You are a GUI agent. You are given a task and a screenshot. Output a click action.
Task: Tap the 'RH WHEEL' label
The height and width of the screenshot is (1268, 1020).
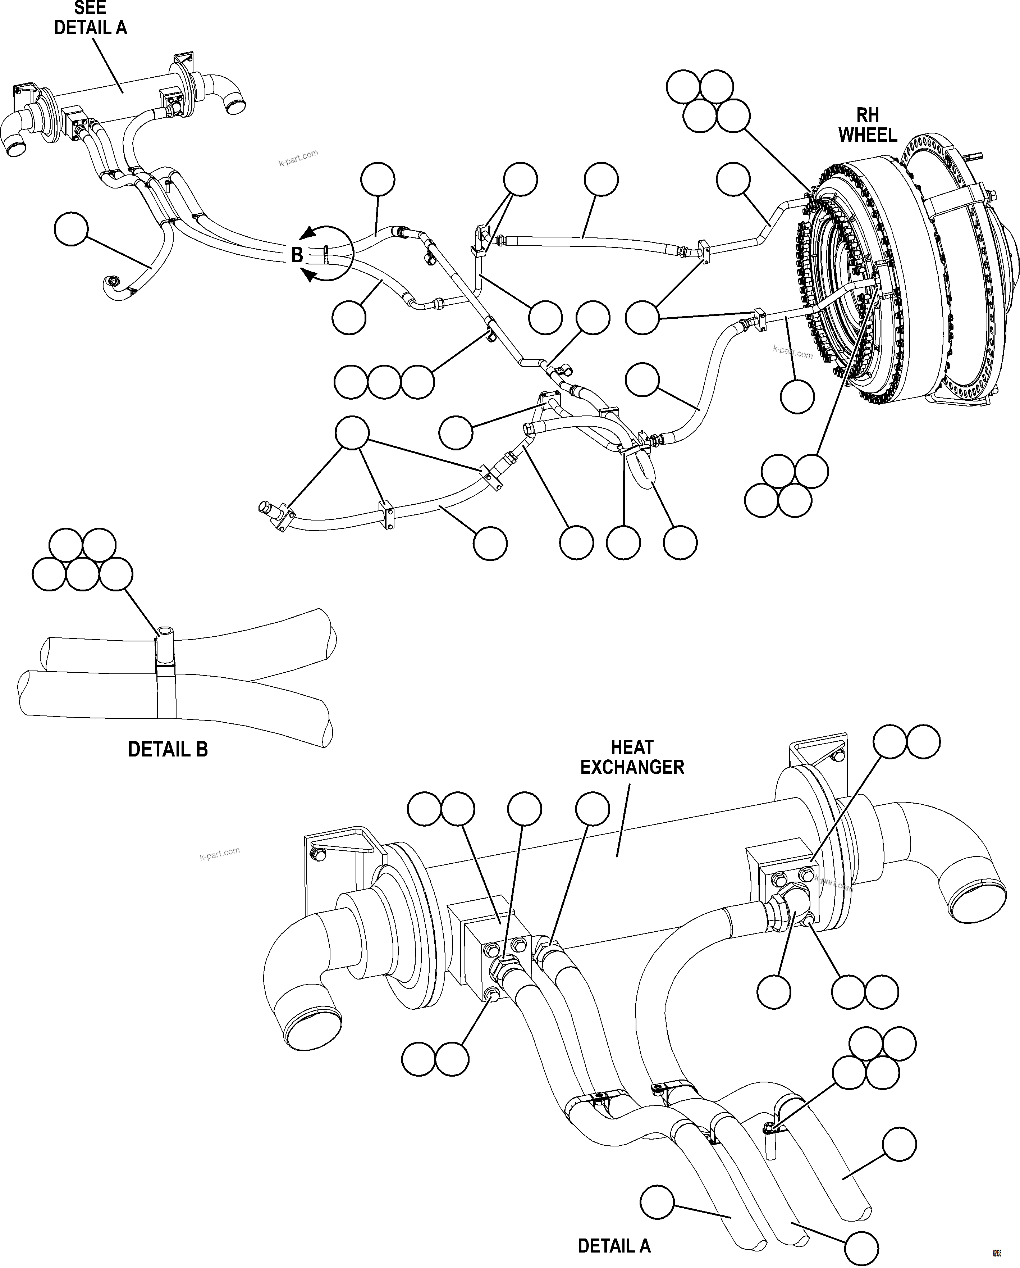867,125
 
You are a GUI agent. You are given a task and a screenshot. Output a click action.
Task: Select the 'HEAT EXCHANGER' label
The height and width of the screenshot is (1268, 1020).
632,758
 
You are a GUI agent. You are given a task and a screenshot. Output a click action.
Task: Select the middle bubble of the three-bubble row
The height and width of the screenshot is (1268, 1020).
384,382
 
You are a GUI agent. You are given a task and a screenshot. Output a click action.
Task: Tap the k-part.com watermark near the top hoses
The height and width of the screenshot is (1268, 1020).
299,158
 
